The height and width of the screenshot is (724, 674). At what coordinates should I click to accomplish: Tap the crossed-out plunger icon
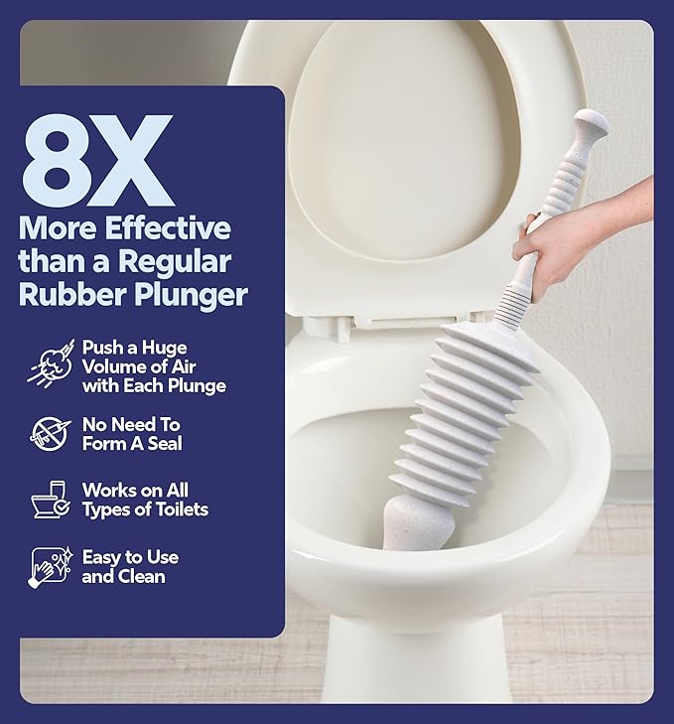tap(49, 433)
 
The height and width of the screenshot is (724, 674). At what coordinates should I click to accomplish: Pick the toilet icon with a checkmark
tap(49, 501)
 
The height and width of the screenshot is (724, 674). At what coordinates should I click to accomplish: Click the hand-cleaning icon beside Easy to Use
tap(49, 567)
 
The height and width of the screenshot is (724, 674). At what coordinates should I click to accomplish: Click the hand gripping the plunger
tap(556, 243)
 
